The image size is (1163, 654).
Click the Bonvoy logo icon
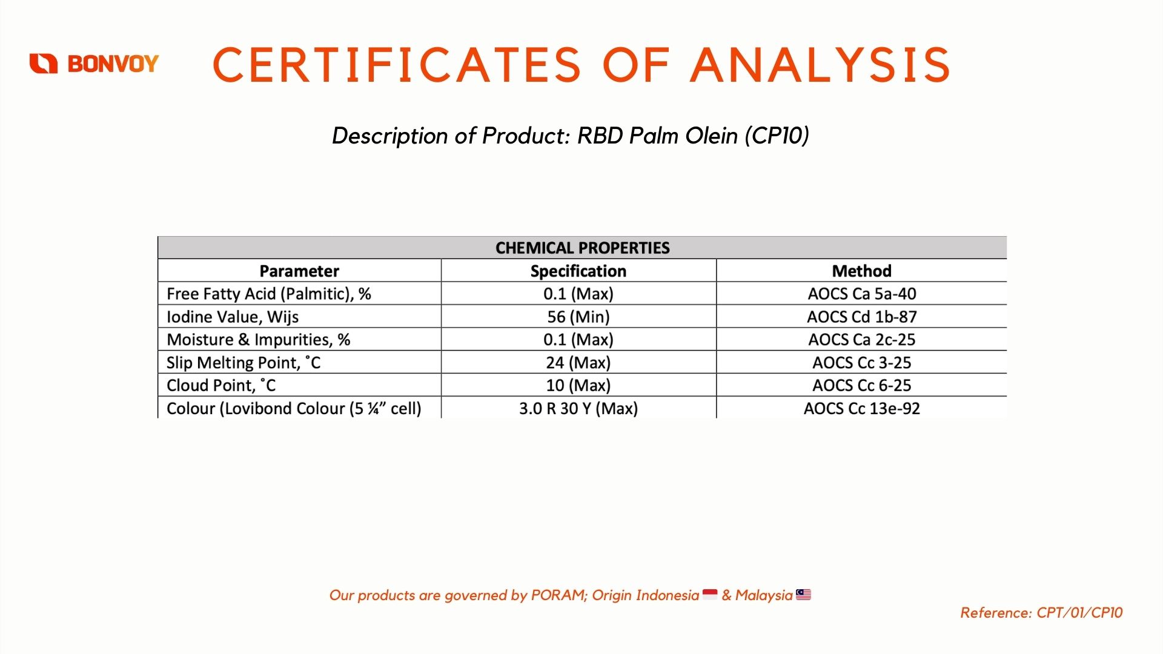44,64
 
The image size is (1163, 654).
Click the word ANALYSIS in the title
821,65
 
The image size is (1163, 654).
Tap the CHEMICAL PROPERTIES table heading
583,248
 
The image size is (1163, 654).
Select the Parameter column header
299,271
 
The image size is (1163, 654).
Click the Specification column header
578,271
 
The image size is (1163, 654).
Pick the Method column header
861,271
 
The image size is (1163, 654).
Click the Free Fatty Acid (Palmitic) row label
269,294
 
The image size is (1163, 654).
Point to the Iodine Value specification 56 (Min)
578,317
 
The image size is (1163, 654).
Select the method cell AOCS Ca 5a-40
862,294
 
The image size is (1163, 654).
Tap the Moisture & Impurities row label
259,340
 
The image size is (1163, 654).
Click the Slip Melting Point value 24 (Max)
578,363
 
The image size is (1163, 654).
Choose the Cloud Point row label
221,385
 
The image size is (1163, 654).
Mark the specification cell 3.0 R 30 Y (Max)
578,408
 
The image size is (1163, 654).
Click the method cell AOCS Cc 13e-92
862,408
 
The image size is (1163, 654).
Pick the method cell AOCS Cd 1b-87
862,317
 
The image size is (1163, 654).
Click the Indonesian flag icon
710,595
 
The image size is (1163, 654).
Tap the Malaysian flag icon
803,595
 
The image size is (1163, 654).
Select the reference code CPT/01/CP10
1079,613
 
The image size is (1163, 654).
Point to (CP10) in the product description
777,136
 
